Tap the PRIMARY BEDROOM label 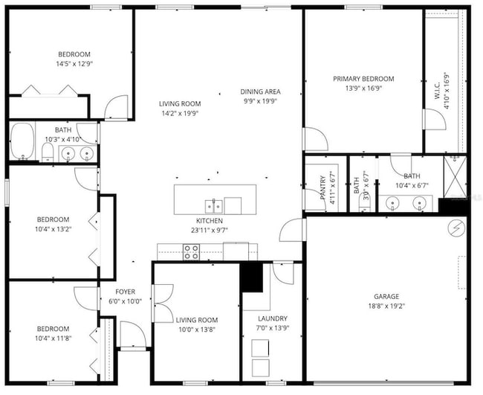click(363, 79)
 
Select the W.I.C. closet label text click(437, 91)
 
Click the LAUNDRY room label click(268, 319)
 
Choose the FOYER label click(125, 292)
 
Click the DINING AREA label click(260, 91)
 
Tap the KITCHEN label click(210, 221)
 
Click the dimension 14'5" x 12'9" click(74, 64)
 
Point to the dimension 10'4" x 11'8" click(53, 338)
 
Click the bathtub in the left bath click(22, 140)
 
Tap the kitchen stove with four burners click(192, 251)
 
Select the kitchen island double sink click(213, 205)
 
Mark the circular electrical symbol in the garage click(457, 227)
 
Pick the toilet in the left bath click(46, 152)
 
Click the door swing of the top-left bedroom click(117, 109)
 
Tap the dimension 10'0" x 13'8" click(197, 330)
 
